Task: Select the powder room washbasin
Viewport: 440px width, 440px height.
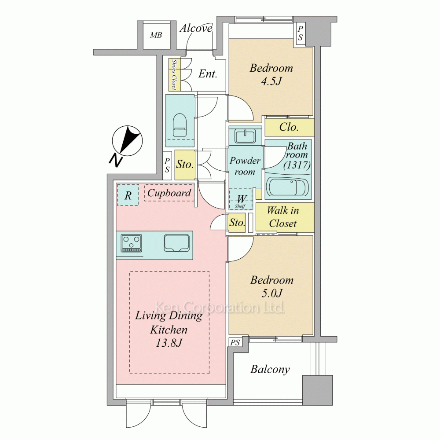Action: coord(245,136)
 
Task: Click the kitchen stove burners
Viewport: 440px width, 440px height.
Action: coord(131,243)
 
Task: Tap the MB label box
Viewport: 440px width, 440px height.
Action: coord(156,35)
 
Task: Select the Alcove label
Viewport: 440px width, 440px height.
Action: coord(196,28)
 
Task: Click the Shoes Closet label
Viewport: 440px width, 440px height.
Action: coord(174,74)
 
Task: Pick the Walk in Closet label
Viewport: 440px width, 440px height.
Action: coord(283,217)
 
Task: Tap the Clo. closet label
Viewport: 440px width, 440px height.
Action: coord(289,127)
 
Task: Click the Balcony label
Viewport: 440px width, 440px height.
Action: coord(270,370)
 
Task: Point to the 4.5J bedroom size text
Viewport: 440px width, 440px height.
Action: coord(271,81)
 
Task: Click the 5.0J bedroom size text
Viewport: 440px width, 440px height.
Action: coord(272,293)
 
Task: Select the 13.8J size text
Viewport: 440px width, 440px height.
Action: coord(169,343)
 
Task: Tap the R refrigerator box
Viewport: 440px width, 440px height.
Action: coord(128,195)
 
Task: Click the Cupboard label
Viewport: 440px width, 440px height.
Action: coord(169,193)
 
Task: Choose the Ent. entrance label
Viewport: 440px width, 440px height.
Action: coord(208,74)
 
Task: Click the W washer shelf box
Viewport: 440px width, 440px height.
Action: coord(241,199)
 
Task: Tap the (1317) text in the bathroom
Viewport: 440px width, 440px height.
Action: coord(297,165)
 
